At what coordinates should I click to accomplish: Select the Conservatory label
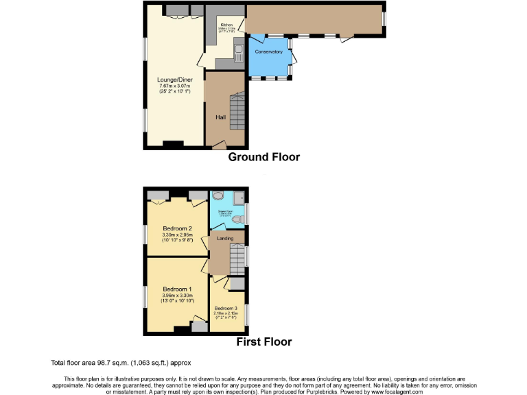[x=268, y=52]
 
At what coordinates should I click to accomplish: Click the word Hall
[x=220, y=118]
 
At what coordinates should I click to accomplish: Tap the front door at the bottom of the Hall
[x=220, y=145]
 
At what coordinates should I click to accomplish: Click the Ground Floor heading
[x=263, y=157]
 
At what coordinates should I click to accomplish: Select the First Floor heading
[x=263, y=342]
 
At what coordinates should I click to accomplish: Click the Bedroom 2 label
[x=176, y=228]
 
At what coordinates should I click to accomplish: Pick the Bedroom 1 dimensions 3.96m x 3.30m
[x=176, y=295]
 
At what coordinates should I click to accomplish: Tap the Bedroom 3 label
[x=226, y=309]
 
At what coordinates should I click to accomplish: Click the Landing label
[x=225, y=239]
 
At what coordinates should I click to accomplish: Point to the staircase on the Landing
[x=237, y=259]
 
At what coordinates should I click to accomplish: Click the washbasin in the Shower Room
[x=218, y=195]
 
